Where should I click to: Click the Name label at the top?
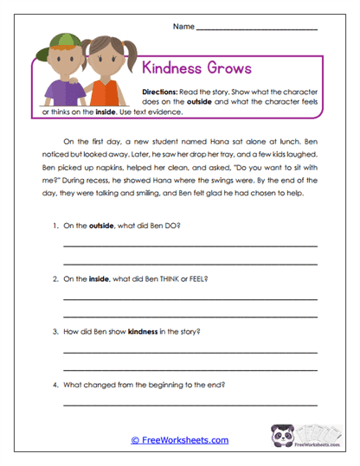(x=183, y=27)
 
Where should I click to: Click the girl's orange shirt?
(x=105, y=93)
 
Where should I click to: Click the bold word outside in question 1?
(x=102, y=225)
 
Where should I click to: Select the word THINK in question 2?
(x=161, y=280)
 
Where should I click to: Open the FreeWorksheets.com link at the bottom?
(x=180, y=440)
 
